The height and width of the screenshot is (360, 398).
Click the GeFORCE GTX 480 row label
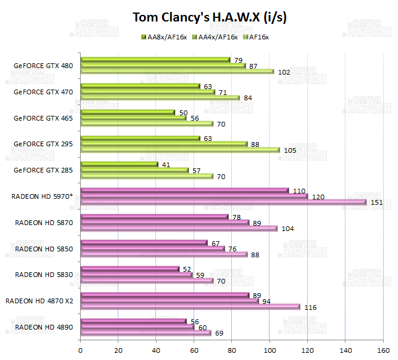pos(43,66)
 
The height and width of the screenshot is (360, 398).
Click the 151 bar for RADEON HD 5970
pos(223,202)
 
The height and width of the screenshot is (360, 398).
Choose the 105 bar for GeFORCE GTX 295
pos(179,150)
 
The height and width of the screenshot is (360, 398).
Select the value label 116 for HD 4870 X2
pos(310,307)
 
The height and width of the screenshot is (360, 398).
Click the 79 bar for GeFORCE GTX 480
pos(155,60)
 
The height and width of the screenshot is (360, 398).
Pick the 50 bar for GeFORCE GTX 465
pos(127,112)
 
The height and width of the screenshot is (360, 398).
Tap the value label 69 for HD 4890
pos(220,333)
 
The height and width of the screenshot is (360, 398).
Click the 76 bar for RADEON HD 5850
pos(152,248)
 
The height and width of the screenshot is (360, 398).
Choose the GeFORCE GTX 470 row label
pos(43,92)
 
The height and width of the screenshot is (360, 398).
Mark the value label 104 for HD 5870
pos(287,229)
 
